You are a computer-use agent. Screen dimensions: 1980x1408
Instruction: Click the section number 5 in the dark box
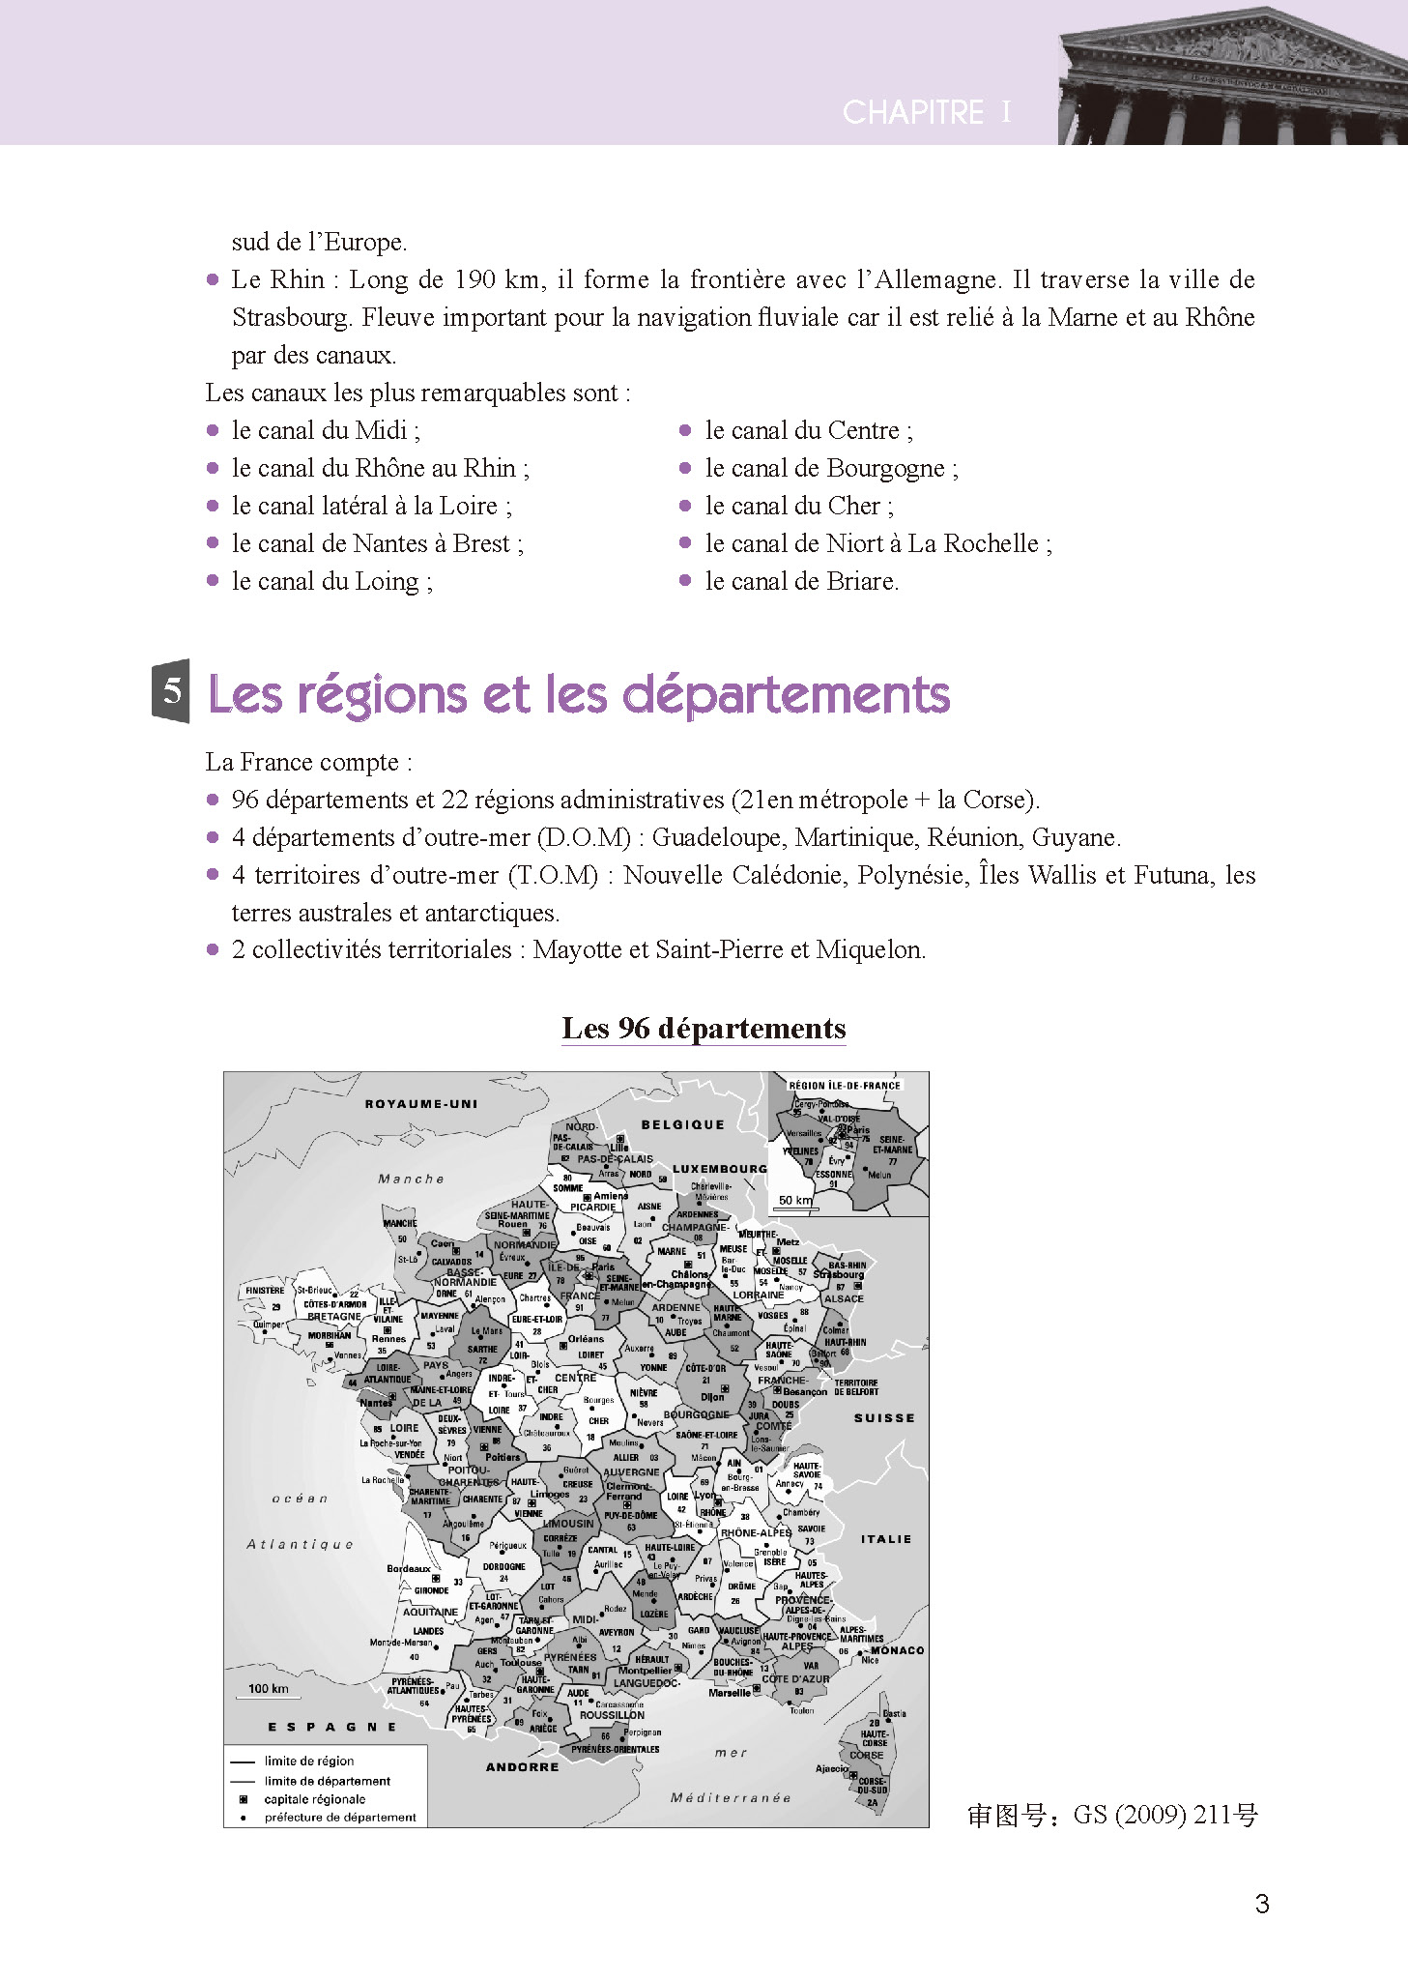click(x=171, y=690)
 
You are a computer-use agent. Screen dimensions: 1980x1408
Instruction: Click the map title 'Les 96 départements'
click(x=704, y=1028)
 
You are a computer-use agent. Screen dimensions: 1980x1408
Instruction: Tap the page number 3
click(x=1261, y=1904)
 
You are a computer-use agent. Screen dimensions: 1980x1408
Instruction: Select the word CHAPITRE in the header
click(x=912, y=112)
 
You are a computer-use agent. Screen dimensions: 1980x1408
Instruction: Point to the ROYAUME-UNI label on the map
click(x=421, y=1103)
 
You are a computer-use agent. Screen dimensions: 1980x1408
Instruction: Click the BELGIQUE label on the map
click(x=682, y=1124)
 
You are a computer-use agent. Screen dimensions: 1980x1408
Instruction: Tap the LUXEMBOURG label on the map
click(x=719, y=1168)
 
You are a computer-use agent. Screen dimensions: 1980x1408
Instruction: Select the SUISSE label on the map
click(x=883, y=1417)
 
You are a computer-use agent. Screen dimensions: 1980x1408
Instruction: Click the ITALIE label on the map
click(x=885, y=1538)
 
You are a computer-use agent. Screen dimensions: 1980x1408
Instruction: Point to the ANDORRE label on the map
click(x=522, y=1766)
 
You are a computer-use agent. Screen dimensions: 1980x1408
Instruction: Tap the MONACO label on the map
click(x=897, y=1649)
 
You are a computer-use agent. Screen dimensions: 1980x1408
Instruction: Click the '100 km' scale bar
click(x=269, y=1689)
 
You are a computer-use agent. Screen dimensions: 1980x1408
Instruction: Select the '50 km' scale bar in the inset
click(x=795, y=1201)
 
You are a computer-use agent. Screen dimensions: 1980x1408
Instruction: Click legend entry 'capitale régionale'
click(x=315, y=1799)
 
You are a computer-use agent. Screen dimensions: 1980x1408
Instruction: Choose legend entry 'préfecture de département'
click(x=339, y=1818)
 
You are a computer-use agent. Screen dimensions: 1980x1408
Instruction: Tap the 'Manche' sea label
click(x=411, y=1179)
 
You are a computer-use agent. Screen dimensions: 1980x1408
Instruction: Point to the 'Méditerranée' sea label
click(x=731, y=1797)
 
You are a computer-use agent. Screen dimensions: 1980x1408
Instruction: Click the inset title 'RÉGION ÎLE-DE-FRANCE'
click(x=844, y=1085)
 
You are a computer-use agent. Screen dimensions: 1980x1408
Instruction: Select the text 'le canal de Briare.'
click(x=801, y=581)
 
